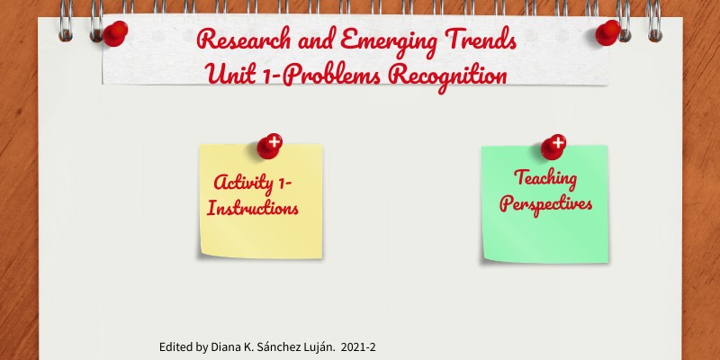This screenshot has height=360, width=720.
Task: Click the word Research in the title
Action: click(x=243, y=40)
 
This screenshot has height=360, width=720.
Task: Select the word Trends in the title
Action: click(x=481, y=39)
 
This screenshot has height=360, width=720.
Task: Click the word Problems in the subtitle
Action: click(x=331, y=75)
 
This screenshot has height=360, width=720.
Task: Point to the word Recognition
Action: click(x=447, y=76)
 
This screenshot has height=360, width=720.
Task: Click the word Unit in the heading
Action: click(x=229, y=74)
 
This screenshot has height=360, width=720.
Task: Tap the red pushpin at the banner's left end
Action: click(x=115, y=33)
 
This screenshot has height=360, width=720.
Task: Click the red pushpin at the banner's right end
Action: click(x=608, y=32)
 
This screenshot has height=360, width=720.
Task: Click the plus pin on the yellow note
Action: click(x=269, y=147)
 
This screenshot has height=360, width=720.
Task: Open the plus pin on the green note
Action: click(x=553, y=147)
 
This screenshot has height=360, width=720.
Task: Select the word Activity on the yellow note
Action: click(x=244, y=184)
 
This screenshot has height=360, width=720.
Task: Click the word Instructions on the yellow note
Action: click(x=253, y=209)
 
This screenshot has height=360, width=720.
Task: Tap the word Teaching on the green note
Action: click(x=545, y=179)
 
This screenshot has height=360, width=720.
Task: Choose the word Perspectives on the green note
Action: click(x=546, y=204)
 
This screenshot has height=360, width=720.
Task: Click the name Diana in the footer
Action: click(x=222, y=347)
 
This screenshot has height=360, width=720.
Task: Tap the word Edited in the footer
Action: click(x=173, y=347)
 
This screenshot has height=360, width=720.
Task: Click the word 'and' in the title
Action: click(x=316, y=40)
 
